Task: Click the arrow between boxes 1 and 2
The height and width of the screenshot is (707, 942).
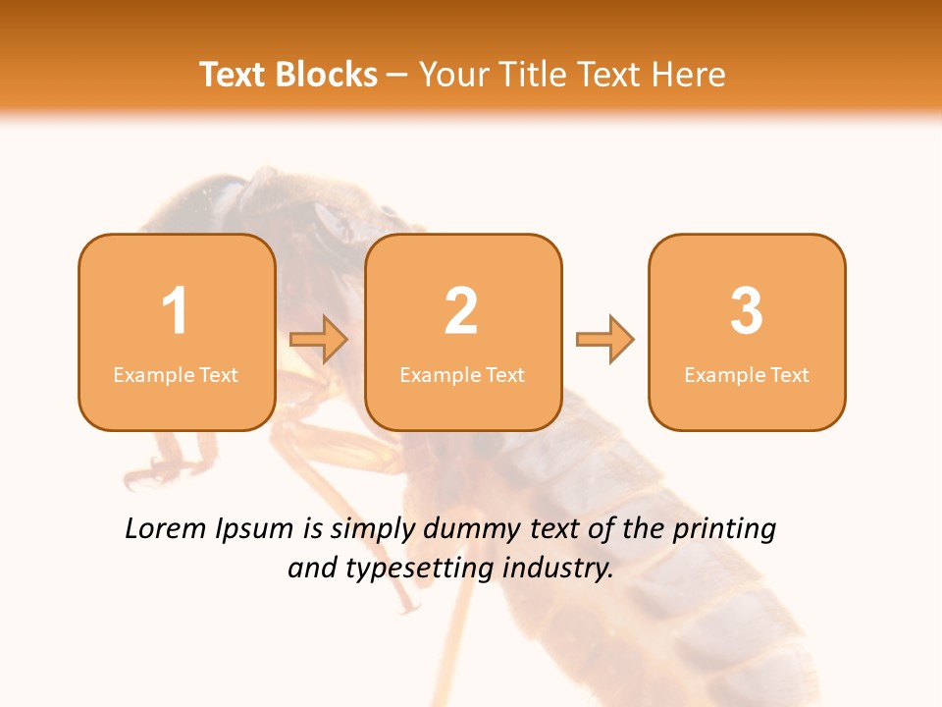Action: [x=320, y=340]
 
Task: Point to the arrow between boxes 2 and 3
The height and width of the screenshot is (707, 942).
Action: [x=605, y=340]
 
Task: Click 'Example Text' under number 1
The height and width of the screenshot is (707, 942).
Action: [x=176, y=375]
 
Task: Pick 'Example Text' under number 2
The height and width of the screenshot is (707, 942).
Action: [x=462, y=375]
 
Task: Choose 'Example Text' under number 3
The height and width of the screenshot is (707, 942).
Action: [x=747, y=375]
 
